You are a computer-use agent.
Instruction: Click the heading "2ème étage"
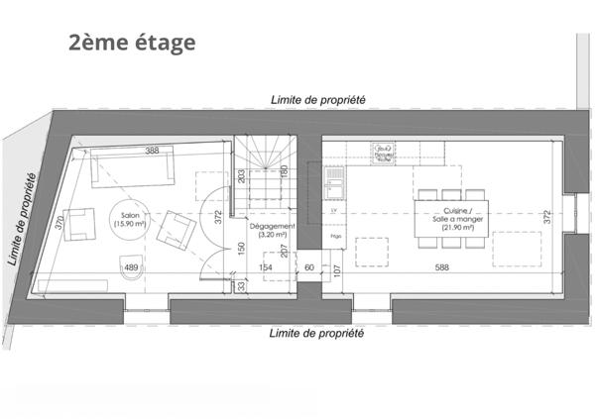pos(132,43)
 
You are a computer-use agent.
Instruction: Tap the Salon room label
pos(130,220)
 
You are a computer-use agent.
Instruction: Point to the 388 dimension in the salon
pos(152,151)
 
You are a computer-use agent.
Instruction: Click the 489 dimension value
pos(131,267)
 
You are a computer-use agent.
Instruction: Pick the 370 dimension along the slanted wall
pos(60,225)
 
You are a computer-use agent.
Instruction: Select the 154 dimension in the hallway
pos(266,267)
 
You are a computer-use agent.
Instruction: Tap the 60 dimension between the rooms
pos(309,267)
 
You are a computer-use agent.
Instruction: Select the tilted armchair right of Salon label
pos(178,230)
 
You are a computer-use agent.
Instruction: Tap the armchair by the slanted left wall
pos(74,231)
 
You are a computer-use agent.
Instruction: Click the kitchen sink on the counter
pos(335,179)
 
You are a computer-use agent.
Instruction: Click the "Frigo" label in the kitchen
pos(337,238)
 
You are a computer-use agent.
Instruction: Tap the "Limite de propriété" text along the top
pos(318,100)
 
